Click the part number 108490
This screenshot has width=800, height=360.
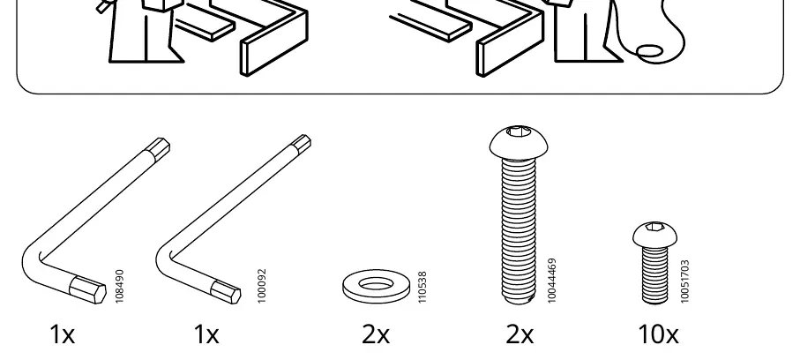click(x=120, y=287)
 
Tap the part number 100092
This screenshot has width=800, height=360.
click(x=262, y=286)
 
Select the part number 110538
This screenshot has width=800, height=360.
click(x=422, y=287)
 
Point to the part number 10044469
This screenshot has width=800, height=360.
click(x=551, y=281)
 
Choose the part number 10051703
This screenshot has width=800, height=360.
click(x=684, y=281)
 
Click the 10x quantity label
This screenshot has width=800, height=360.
click(x=659, y=335)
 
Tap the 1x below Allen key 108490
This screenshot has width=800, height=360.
click(x=63, y=335)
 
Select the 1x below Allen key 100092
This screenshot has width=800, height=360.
click(x=206, y=335)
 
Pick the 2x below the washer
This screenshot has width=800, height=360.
click(x=376, y=335)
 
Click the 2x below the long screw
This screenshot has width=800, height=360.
click(x=520, y=335)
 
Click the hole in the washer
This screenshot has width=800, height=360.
click(x=376, y=283)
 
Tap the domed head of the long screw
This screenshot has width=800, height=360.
click(x=519, y=142)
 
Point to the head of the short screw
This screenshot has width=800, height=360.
click(x=655, y=235)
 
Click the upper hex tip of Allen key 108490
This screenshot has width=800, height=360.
click(x=159, y=147)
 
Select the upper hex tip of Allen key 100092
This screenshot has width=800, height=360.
click(x=301, y=144)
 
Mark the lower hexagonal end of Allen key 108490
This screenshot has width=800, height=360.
click(x=87, y=289)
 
